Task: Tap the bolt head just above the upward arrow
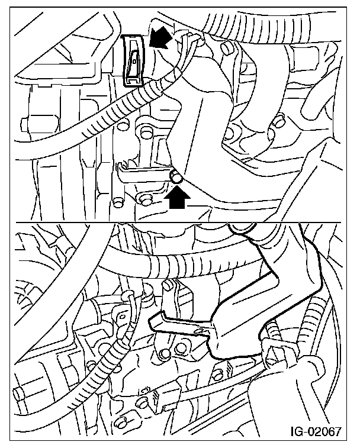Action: (x=176, y=177)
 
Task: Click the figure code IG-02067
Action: (x=315, y=431)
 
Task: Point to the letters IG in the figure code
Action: (x=296, y=431)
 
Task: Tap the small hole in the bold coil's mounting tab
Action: (x=200, y=331)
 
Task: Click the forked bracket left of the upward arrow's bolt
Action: (x=142, y=172)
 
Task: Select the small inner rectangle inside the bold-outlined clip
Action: (x=133, y=60)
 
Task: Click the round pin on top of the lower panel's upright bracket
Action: (x=168, y=285)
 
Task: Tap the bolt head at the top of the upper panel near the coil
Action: (x=226, y=49)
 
